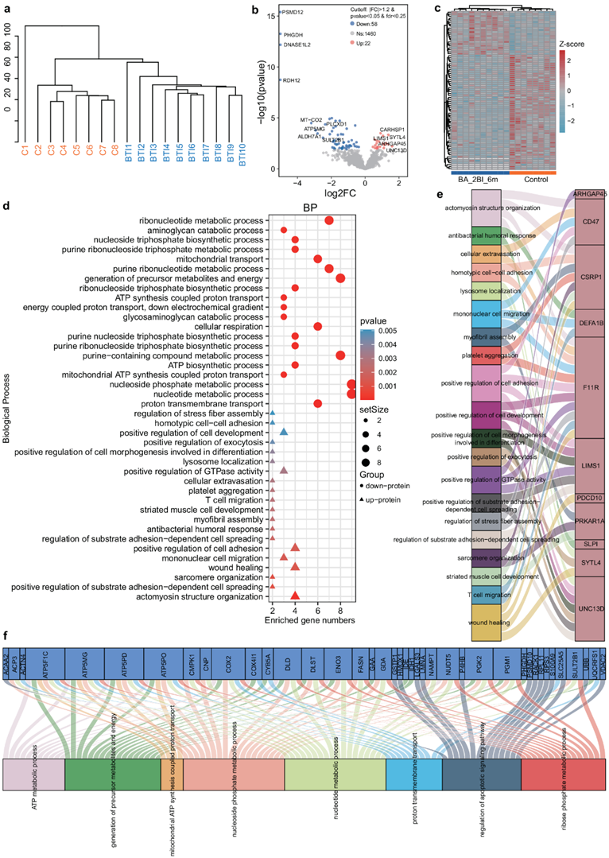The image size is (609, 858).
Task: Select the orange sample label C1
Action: pos(25,149)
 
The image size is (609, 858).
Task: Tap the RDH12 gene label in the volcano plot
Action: pos(292,80)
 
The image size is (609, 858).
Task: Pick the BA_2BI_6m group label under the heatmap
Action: pos(479,180)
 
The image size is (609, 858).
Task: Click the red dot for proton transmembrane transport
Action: pos(318,403)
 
